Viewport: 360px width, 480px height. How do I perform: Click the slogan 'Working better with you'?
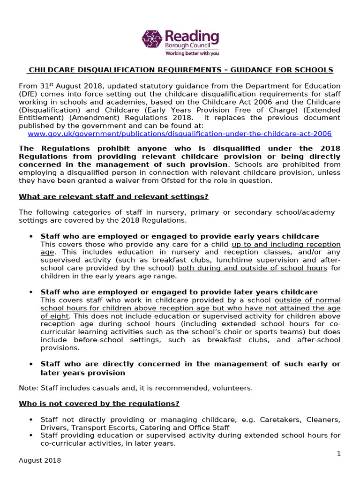pyautogui.click(x=192, y=53)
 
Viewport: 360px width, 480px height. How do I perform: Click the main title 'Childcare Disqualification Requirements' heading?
pyautogui.click(x=180, y=70)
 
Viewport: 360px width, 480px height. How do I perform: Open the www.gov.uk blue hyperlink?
pyautogui.click(x=180, y=134)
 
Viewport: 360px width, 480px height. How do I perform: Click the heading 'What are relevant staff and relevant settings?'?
pyautogui.click(x=113, y=196)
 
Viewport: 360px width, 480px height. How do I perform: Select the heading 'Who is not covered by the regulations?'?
pyautogui.click(x=99, y=403)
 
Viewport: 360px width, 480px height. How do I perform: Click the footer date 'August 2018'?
pyautogui.click(x=40, y=460)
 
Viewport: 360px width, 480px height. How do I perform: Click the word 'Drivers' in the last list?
pyautogui.click(x=53, y=427)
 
